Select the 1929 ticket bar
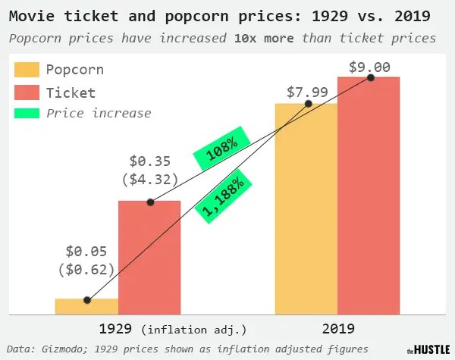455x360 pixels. (149, 258)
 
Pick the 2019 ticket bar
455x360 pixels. (369, 197)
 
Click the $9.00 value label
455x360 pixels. (369, 67)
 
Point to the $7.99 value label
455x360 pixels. (308, 92)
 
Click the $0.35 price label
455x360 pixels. (150, 161)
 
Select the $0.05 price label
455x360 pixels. (86, 251)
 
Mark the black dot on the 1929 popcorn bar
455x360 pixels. (87, 300)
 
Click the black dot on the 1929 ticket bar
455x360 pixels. (150, 202)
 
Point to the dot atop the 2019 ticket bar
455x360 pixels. (371, 77)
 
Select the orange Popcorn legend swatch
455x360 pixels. (27, 70)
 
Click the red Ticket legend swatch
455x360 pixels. (27, 93)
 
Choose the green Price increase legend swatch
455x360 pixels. (27, 114)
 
